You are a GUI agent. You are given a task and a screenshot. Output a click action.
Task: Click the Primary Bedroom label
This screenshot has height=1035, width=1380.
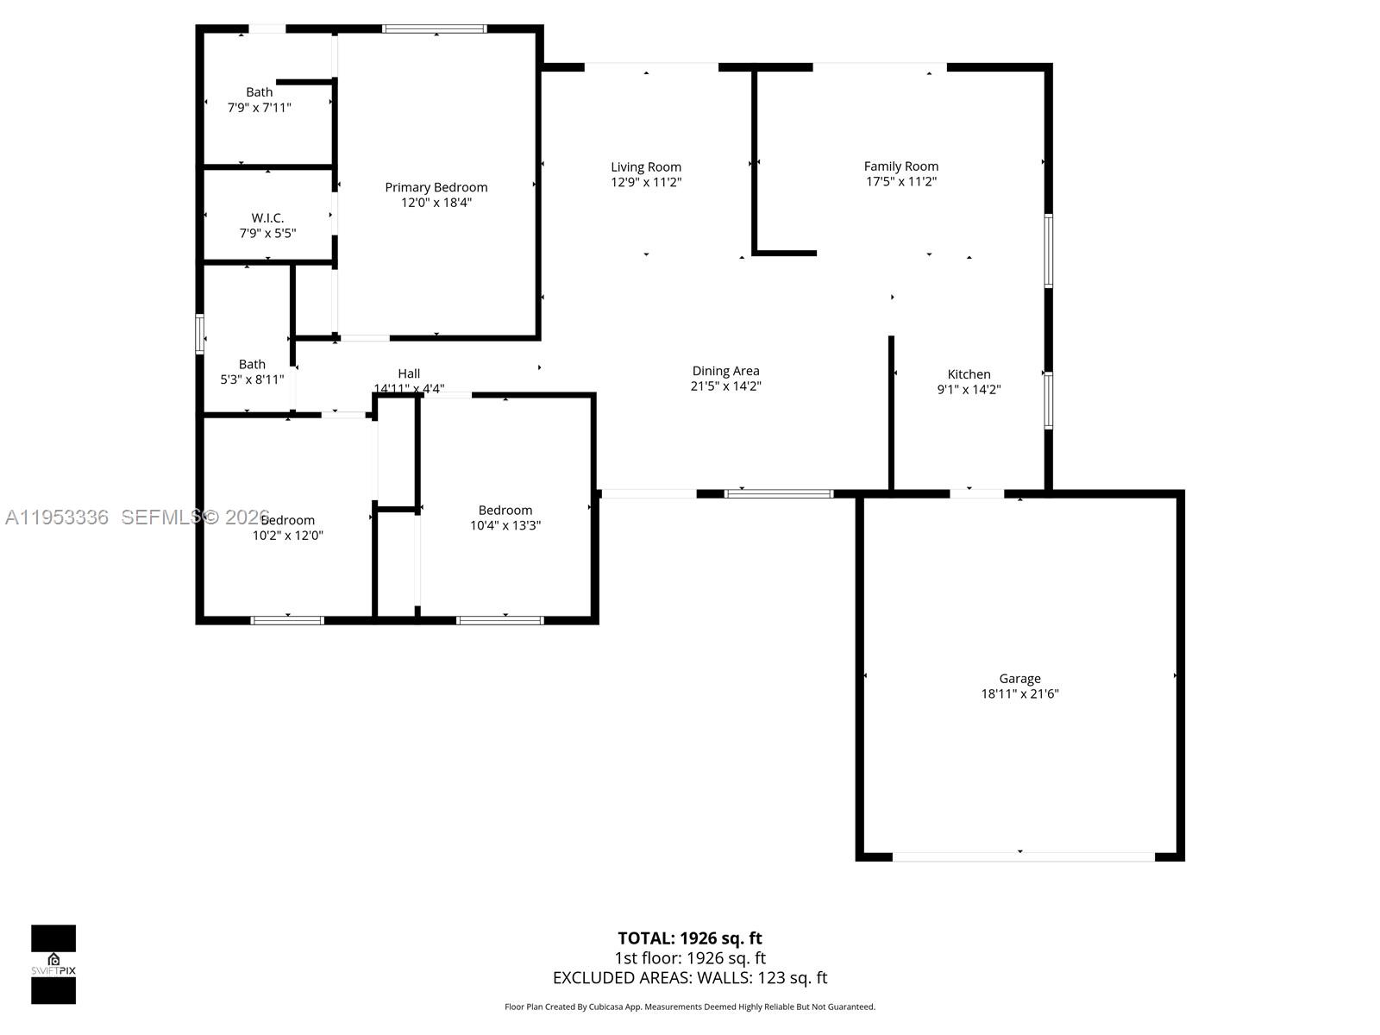point(436,187)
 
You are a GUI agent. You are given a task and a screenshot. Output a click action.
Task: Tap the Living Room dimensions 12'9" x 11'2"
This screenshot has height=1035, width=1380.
point(646,182)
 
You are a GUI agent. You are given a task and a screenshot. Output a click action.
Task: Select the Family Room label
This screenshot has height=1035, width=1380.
point(900,166)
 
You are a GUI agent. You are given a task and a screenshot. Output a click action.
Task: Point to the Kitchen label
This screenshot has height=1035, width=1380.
point(969,373)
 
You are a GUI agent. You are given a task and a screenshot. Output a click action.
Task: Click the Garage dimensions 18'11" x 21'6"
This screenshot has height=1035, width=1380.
point(1019,693)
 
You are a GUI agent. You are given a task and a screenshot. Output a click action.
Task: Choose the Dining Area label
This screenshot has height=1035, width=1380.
point(725,371)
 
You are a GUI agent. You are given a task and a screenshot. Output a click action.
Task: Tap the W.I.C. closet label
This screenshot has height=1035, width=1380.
point(267,218)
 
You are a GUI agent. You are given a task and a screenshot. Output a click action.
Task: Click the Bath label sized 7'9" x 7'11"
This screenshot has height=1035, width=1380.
point(259,92)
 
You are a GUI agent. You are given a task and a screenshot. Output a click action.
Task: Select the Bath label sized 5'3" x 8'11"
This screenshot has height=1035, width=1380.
point(252,364)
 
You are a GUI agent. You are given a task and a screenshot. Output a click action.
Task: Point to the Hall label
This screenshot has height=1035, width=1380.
point(409,373)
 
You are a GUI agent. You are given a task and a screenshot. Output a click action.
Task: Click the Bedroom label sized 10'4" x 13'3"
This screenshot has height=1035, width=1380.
point(505,510)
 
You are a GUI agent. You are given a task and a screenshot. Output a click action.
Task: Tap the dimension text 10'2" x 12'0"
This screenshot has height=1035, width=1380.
point(288,535)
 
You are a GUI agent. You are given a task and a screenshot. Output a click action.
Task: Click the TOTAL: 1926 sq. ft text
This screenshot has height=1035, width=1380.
point(689,938)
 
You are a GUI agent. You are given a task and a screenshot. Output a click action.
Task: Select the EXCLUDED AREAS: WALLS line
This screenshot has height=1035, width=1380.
point(689,977)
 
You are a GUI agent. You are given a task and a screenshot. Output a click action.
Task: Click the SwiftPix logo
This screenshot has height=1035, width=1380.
point(53,964)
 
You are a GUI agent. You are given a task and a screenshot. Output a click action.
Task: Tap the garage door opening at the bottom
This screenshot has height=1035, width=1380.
point(1023,856)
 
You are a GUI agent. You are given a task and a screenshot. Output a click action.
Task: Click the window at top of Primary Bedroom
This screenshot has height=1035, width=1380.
point(435,28)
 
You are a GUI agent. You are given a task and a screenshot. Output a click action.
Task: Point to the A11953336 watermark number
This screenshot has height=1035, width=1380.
point(57,517)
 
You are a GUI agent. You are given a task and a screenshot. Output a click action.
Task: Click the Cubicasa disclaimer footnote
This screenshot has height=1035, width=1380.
point(689,1007)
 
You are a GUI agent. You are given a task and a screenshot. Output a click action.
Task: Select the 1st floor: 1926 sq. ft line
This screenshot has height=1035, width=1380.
point(689,957)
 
